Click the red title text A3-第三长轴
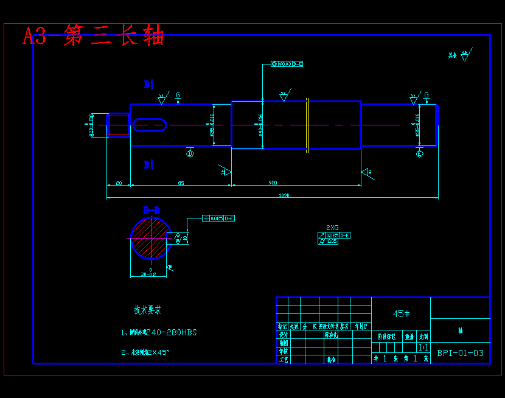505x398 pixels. (x=94, y=36)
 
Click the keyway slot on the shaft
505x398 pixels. (x=150, y=125)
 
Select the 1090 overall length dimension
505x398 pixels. (x=284, y=195)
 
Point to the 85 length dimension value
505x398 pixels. (x=181, y=183)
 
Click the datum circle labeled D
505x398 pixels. (x=190, y=154)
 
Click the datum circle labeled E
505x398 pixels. (x=419, y=154)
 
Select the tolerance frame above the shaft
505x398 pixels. (x=287, y=64)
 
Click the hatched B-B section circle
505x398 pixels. (x=150, y=238)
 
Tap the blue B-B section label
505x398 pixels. (x=151, y=211)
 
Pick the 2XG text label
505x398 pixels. (x=332, y=228)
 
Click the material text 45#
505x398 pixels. (x=401, y=314)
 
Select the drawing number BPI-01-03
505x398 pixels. (x=460, y=353)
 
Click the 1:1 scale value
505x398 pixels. (x=422, y=347)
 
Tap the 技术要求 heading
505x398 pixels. (x=148, y=310)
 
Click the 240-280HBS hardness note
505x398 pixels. (x=171, y=333)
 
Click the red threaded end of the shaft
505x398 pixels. (x=117, y=125)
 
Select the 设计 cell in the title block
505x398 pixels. (x=283, y=335)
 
